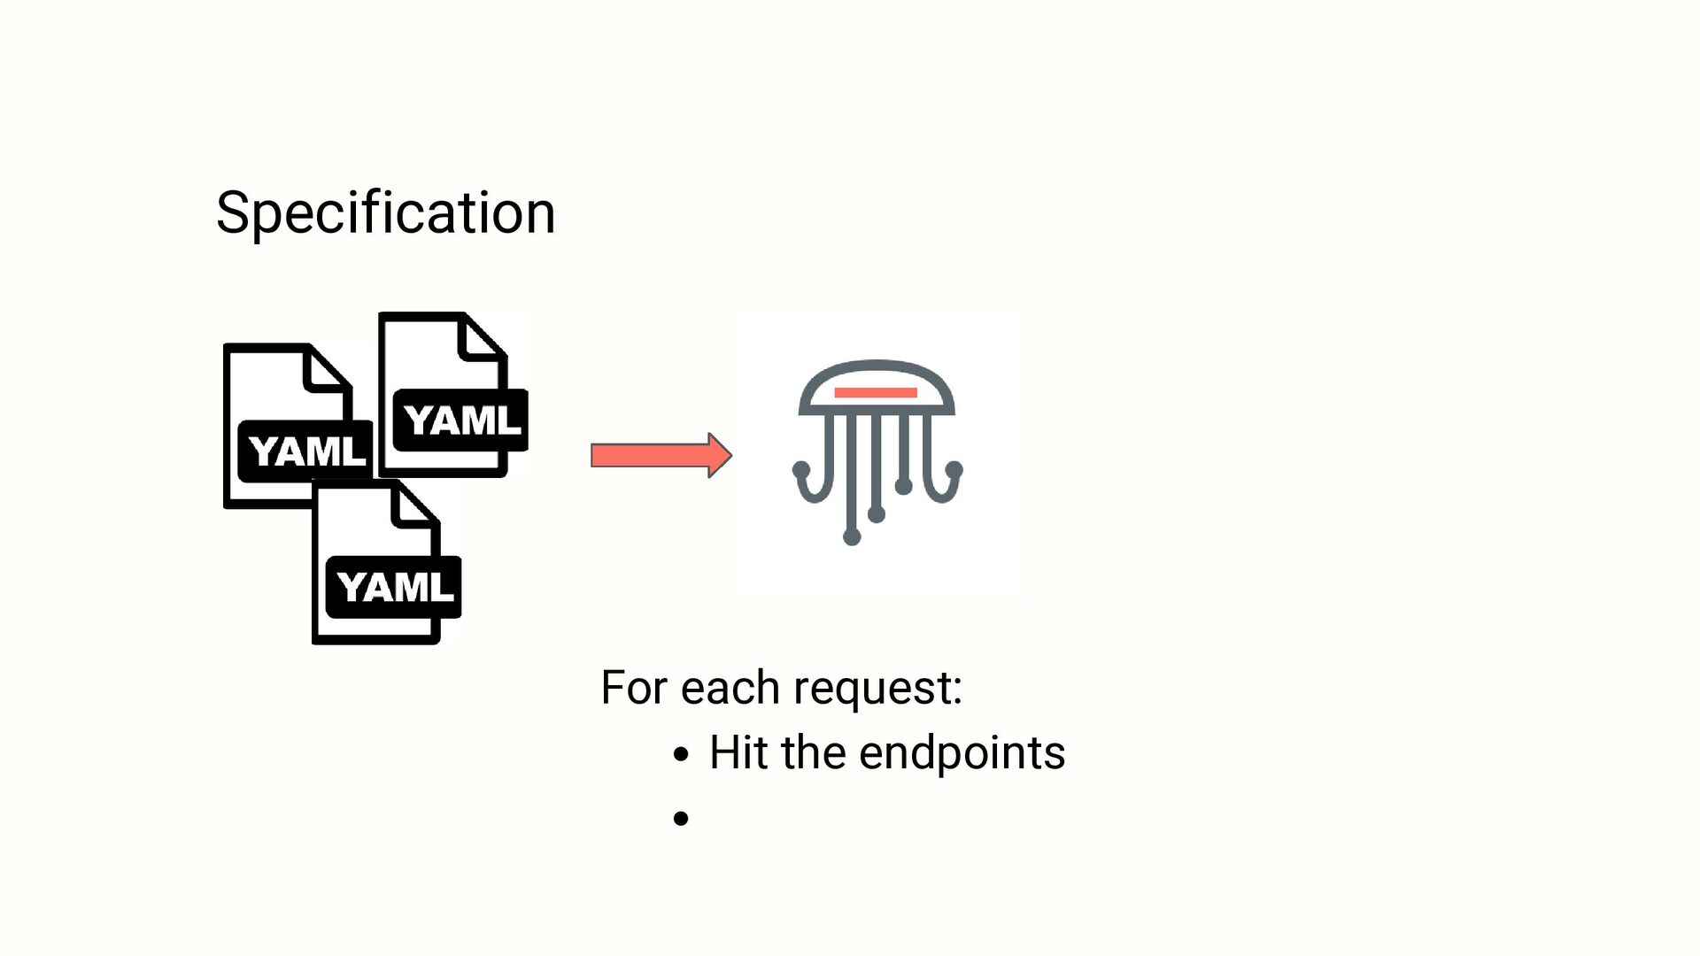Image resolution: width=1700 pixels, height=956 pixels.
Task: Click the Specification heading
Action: tap(385, 213)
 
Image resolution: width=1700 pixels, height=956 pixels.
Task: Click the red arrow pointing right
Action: tap(660, 456)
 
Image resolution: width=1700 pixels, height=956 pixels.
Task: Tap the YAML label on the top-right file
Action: tap(461, 420)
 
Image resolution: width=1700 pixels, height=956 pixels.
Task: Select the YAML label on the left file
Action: tap(306, 451)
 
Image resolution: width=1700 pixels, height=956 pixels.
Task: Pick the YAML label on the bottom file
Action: tap(395, 587)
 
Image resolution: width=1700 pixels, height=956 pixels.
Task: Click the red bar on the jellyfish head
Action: tap(876, 392)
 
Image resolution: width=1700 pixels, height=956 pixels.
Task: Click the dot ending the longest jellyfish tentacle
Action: tap(852, 536)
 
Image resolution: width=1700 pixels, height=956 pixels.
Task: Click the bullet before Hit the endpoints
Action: tap(680, 755)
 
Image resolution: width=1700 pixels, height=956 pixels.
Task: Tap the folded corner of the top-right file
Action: tap(483, 337)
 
